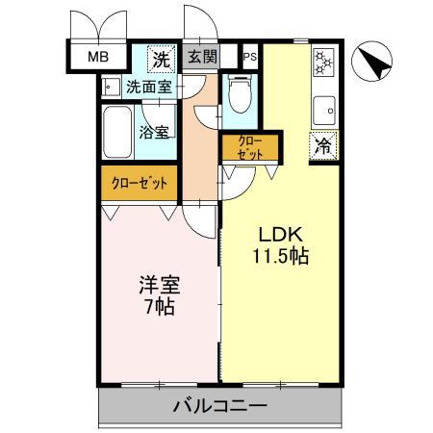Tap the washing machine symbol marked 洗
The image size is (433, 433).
[163, 58]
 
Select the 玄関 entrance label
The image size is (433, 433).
[202, 58]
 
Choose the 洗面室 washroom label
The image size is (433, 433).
[148, 87]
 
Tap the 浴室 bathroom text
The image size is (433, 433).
[154, 133]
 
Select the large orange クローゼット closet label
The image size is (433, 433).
[140, 182]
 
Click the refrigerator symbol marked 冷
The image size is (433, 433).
[323, 146]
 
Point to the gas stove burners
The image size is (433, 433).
[322, 64]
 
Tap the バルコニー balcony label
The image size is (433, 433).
[219, 406]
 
